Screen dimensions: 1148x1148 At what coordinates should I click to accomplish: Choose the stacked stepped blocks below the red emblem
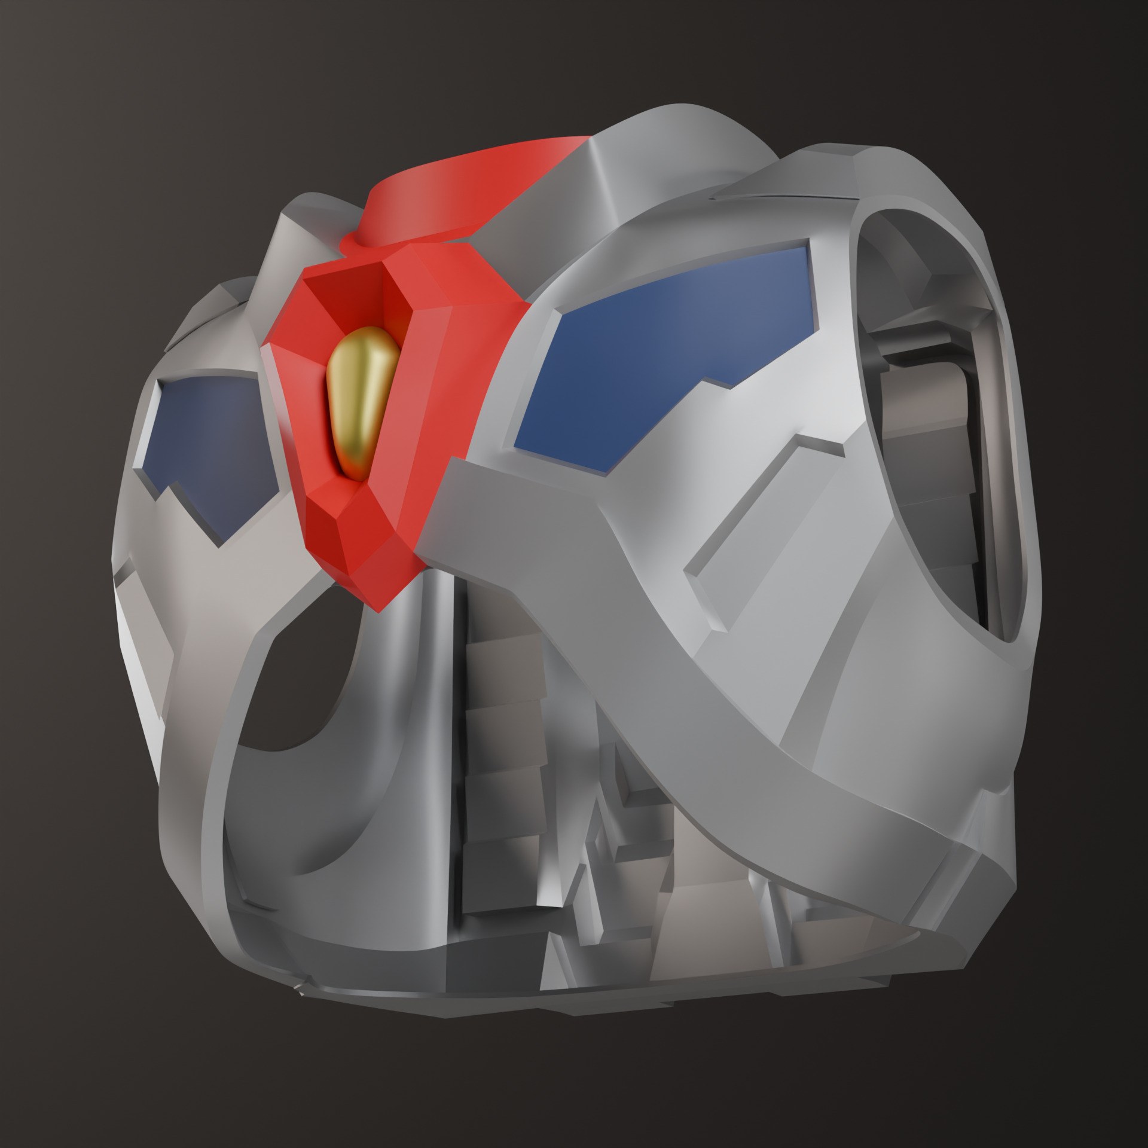coord(502,747)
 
